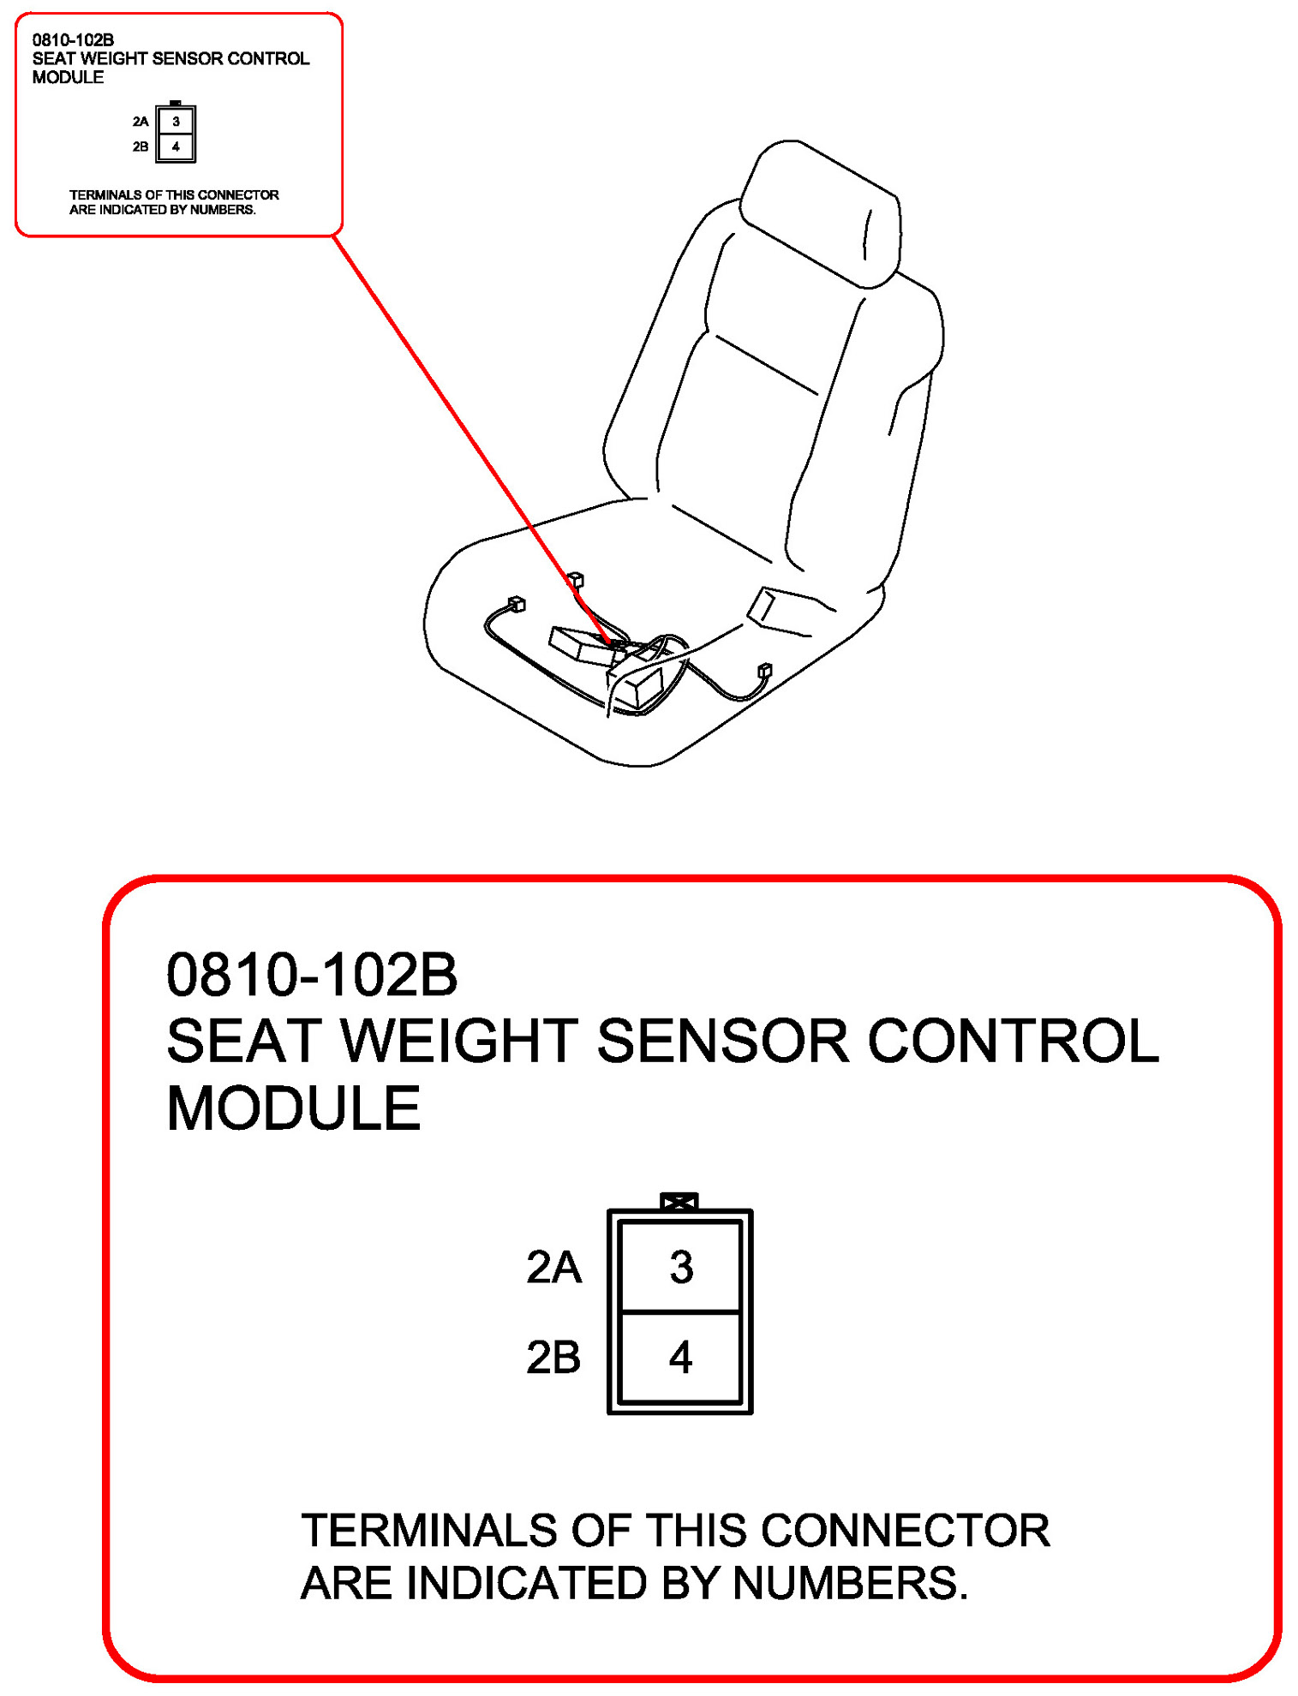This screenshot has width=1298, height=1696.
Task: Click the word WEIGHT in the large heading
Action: (460, 1041)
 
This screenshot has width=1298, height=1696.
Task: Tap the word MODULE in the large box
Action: (294, 1108)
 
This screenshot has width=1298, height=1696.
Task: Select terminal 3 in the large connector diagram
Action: (680, 1266)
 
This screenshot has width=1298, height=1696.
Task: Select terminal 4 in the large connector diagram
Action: (680, 1357)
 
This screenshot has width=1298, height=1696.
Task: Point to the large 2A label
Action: (553, 1267)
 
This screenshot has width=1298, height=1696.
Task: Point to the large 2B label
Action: (553, 1358)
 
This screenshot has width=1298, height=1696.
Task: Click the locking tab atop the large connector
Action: (679, 1201)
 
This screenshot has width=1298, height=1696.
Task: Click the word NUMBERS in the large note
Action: (850, 1583)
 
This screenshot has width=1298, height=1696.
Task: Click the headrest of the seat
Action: (820, 214)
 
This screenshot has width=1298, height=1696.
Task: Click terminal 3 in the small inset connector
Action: (176, 122)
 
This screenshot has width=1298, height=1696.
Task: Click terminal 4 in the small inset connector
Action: (176, 146)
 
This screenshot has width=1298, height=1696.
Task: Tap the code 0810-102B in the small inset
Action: (73, 40)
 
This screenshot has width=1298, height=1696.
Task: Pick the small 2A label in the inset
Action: (141, 122)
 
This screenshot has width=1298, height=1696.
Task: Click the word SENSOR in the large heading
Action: (723, 1041)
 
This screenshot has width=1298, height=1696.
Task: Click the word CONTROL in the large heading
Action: (1014, 1041)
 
